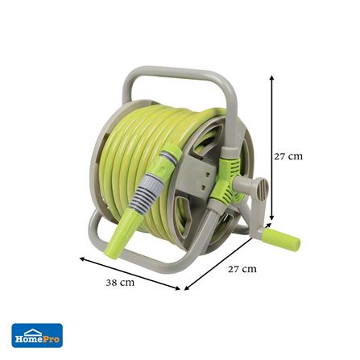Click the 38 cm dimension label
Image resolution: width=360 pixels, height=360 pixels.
tap(120, 283)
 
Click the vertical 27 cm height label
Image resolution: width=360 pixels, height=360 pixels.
tap(288, 156)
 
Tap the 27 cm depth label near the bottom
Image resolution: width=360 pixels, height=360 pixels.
tap(242, 269)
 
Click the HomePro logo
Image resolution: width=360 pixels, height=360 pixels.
tap(37, 335)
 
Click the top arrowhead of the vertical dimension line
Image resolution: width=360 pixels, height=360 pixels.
tap(271, 77)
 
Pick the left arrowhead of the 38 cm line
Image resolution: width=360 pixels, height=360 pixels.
tap(82, 259)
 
